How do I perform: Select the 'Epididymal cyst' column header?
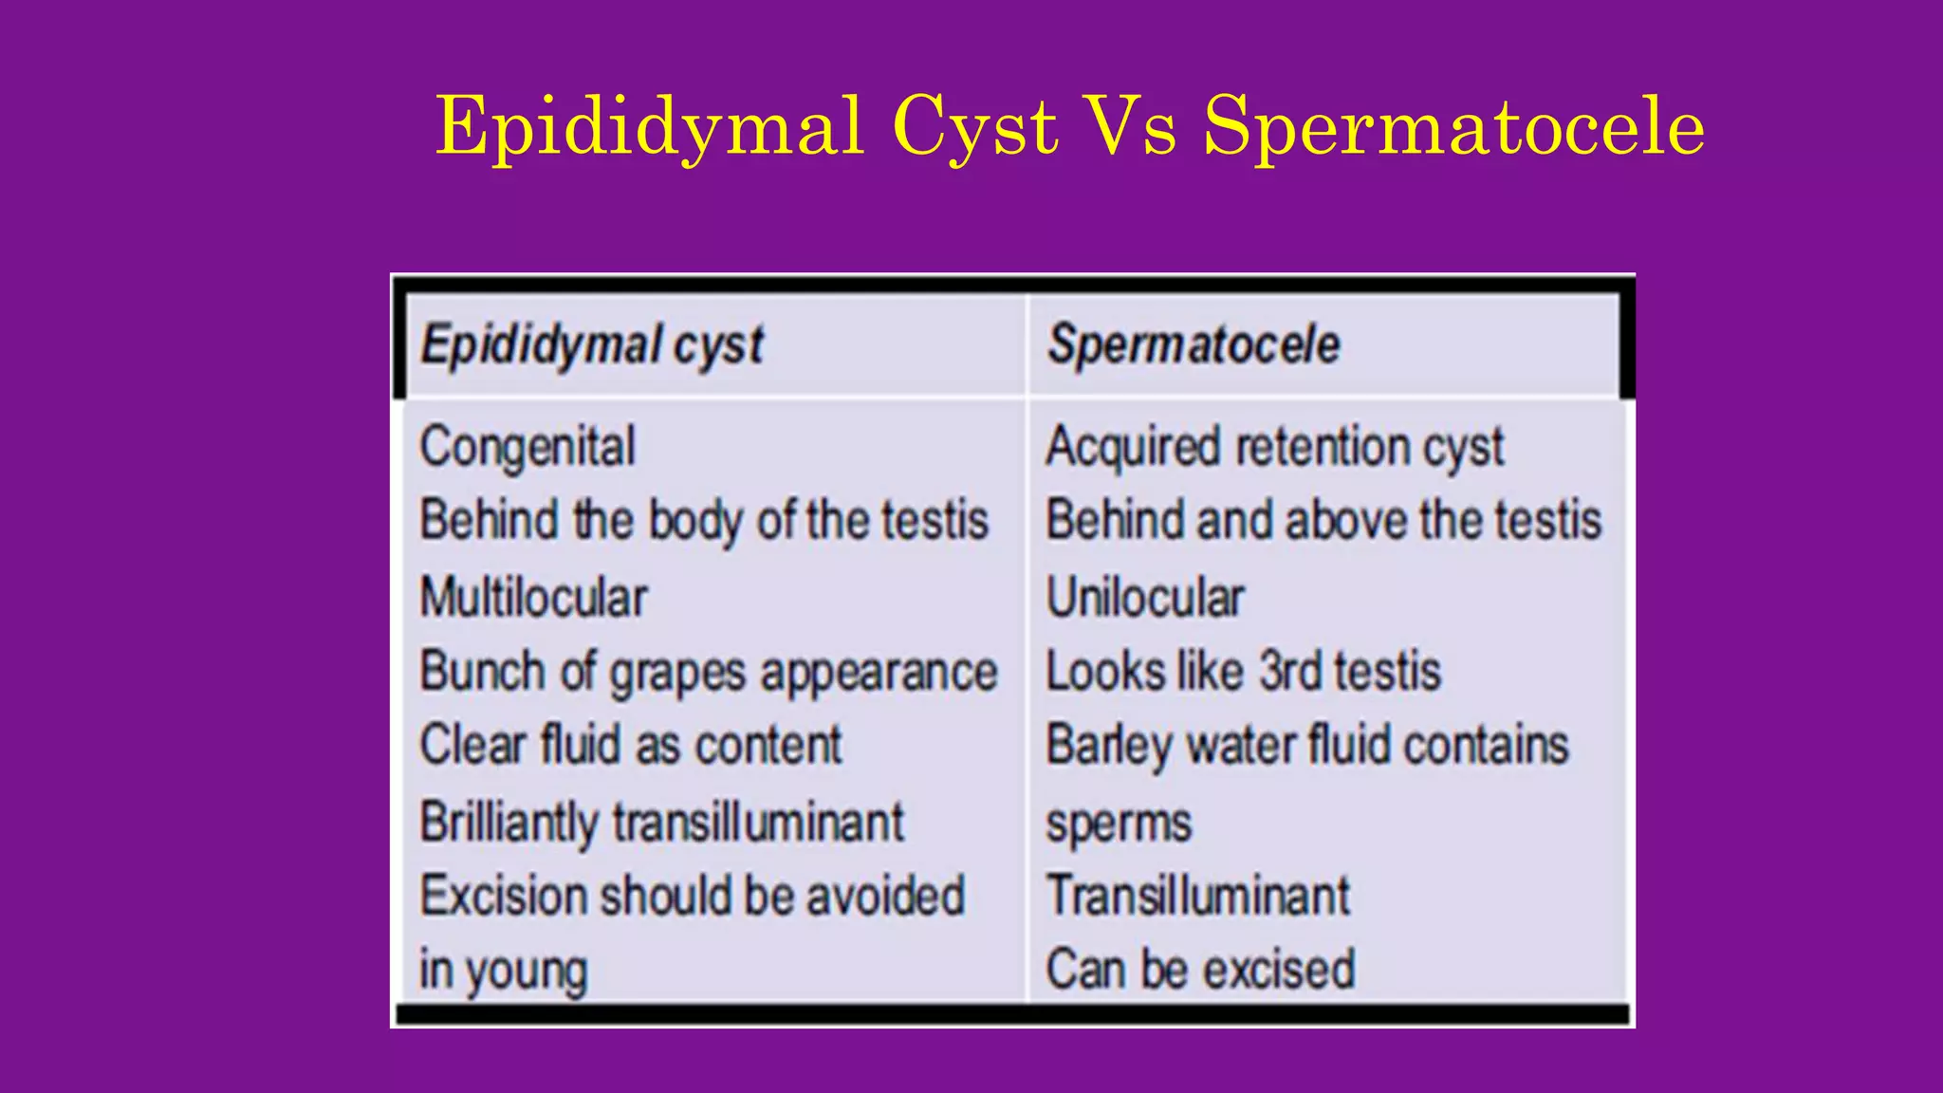click(592, 344)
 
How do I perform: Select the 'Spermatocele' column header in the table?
click(1194, 344)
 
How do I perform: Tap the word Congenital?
click(527, 447)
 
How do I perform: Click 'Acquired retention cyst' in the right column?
click(1274, 447)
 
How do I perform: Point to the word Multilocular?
click(533, 598)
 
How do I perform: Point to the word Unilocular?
click(1145, 598)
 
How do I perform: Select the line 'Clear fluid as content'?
click(631, 745)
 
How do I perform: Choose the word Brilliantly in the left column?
click(509, 823)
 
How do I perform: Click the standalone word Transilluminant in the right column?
click(1198, 896)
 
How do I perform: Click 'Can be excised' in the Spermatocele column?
click(1200, 970)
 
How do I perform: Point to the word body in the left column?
click(695, 522)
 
